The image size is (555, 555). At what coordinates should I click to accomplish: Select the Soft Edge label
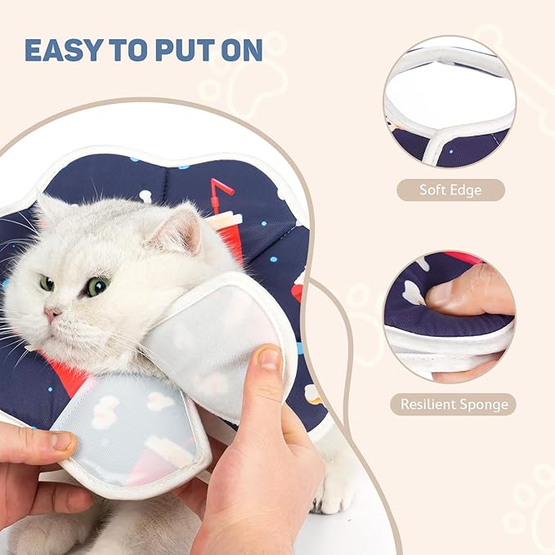(450, 190)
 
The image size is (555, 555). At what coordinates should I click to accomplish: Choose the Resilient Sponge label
(453, 404)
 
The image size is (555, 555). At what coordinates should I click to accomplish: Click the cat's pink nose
(51, 314)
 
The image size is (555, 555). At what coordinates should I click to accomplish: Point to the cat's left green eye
(47, 283)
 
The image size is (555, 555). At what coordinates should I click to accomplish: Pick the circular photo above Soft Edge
(449, 101)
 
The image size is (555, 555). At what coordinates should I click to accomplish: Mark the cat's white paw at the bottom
(335, 491)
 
